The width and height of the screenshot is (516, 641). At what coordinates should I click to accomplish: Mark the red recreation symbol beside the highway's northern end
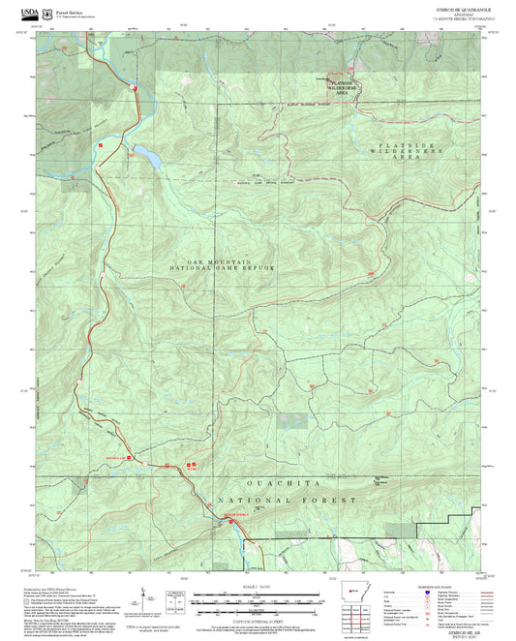coord(137,88)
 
